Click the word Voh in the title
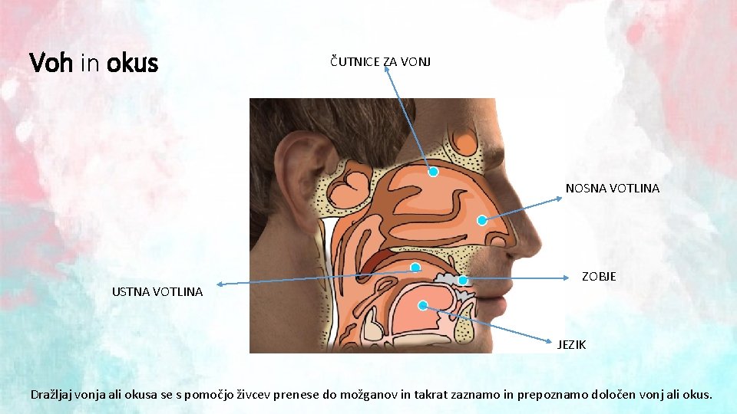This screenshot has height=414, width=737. point(51,63)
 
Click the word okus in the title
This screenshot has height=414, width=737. point(132,63)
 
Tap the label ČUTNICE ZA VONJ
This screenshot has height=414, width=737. point(380,61)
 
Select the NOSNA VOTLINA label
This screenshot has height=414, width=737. point(612,188)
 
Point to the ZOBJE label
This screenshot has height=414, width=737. point(598,276)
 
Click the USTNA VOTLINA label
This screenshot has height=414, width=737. point(157,291)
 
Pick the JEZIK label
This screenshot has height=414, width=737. point(571,345)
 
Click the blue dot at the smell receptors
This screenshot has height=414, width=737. point(433,172)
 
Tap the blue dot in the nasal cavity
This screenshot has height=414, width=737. point(481,220)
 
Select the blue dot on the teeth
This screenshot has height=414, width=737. point(463,281)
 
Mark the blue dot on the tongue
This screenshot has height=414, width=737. point(423,305)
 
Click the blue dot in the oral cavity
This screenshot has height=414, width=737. point(415,268)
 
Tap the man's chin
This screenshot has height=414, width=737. point(500,330)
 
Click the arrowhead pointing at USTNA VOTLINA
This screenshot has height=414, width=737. point(217,284)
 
